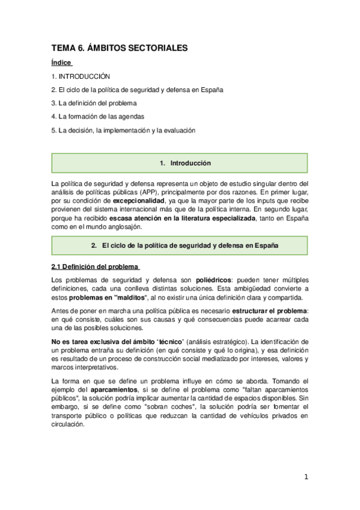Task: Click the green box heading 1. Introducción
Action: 180,163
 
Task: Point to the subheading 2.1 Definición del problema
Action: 95,266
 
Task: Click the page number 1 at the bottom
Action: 306,478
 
